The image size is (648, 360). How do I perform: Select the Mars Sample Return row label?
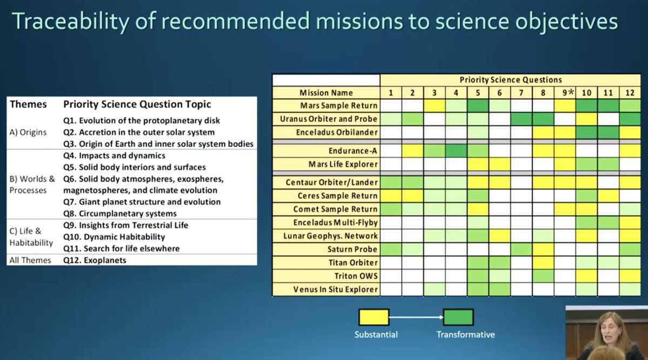click(338, 106)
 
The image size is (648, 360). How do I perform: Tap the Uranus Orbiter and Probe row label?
click(329, 119)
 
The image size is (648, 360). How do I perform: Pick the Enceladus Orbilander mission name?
click(337, 132)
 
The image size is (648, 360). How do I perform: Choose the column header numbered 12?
click(630, 93)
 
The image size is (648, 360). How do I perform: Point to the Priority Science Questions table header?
click(510, 80)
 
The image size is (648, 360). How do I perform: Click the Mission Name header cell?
click(326, 93)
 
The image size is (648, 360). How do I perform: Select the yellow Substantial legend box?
click(373, 317)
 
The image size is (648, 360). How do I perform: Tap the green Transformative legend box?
click(458, 317)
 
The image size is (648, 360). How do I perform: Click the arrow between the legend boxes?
click(416, 317)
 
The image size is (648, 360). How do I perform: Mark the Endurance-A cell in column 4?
click(456, 151)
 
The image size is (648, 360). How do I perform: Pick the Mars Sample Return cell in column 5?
click(478, 106)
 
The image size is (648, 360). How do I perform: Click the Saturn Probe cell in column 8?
click(543, 249)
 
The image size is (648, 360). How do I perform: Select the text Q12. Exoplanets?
click(95, 261)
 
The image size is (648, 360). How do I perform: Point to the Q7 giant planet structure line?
click(142, 202)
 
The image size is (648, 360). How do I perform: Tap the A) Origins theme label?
click(28, 132)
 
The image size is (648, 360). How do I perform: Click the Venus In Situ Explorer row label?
click(336, 289)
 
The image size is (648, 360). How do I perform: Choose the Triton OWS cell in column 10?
click(586, 276)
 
